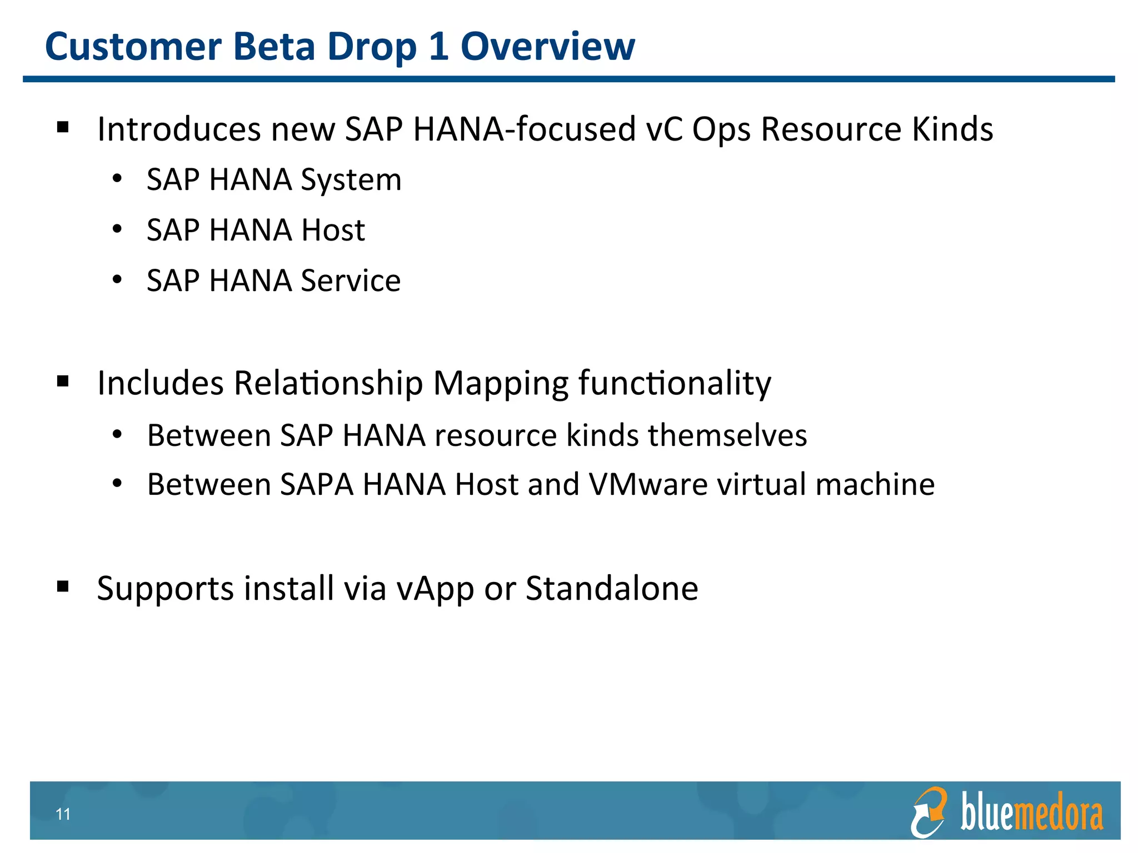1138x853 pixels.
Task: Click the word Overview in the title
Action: pyautogui.click(x=547, y=47)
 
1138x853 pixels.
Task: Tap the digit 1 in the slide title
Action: pyautogui.click(x=438, y=47)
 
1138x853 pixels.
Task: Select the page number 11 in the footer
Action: pyautogui.click(x=63, y=814)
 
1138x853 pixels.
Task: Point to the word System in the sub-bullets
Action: pyautogui.click(x=351, y=180)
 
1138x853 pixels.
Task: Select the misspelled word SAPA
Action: pyautogui.click(x=317, y=485)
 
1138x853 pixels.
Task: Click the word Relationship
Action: pyautogui.click(x=328, y=384)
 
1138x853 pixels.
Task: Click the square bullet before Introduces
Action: pyautogui.click(x=63, y=128)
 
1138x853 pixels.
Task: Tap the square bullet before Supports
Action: pyautogui.click(x=63, y=586)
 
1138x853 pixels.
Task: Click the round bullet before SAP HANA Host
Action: pyautogui.click(x=117, y=230)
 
